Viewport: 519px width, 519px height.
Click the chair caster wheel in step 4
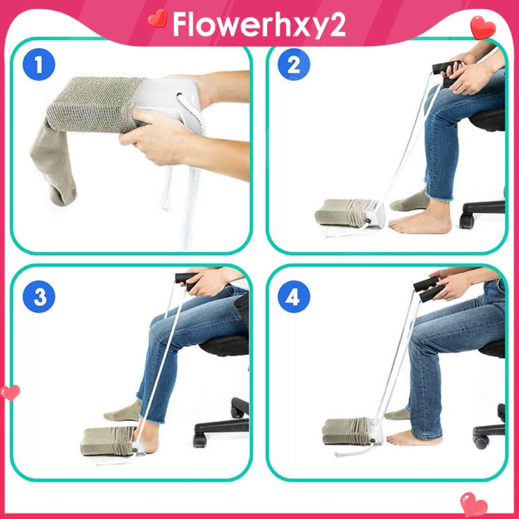481,442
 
